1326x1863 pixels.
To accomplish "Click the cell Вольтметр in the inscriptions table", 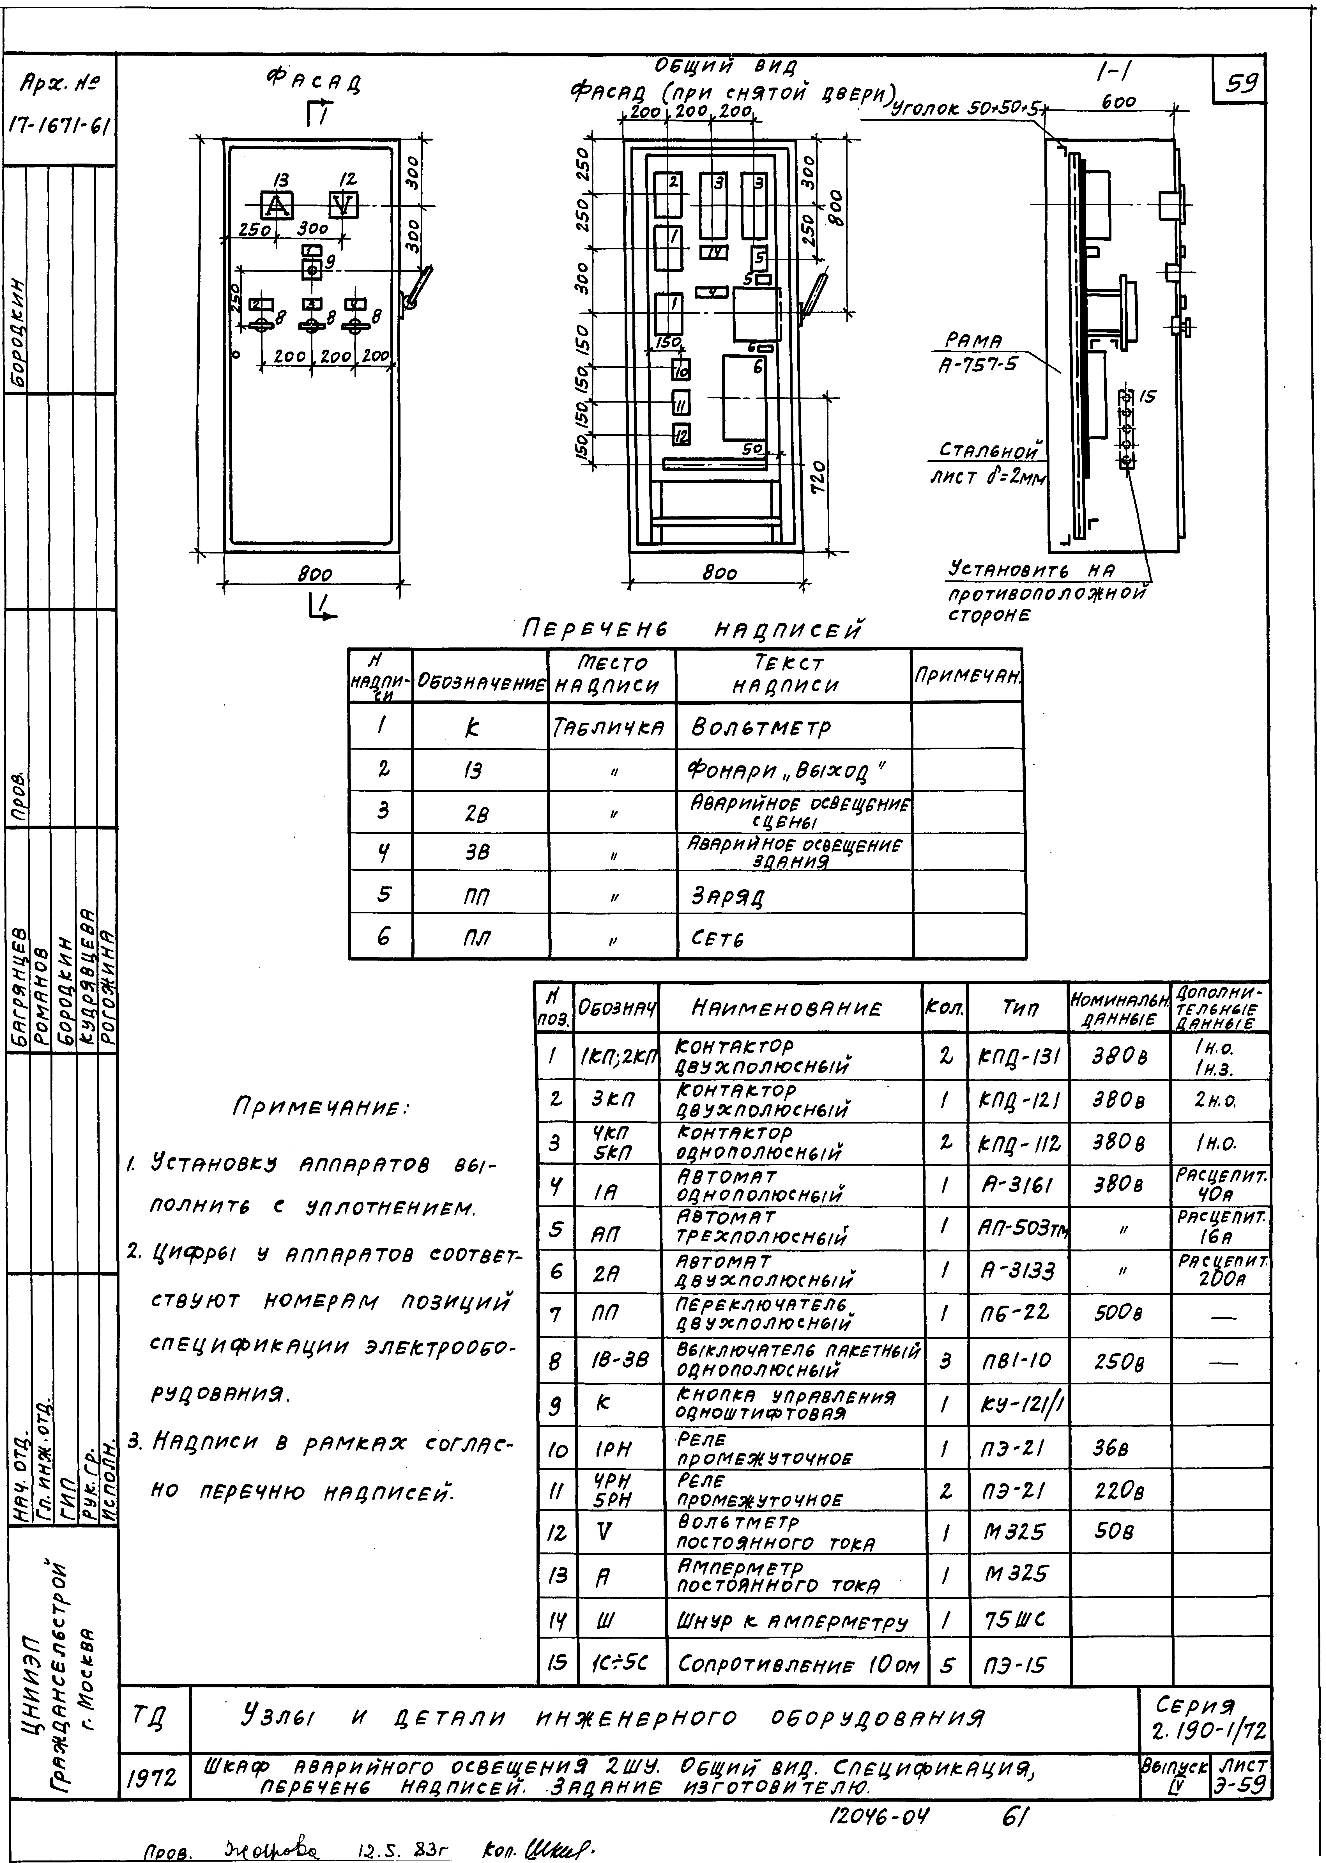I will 760,728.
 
